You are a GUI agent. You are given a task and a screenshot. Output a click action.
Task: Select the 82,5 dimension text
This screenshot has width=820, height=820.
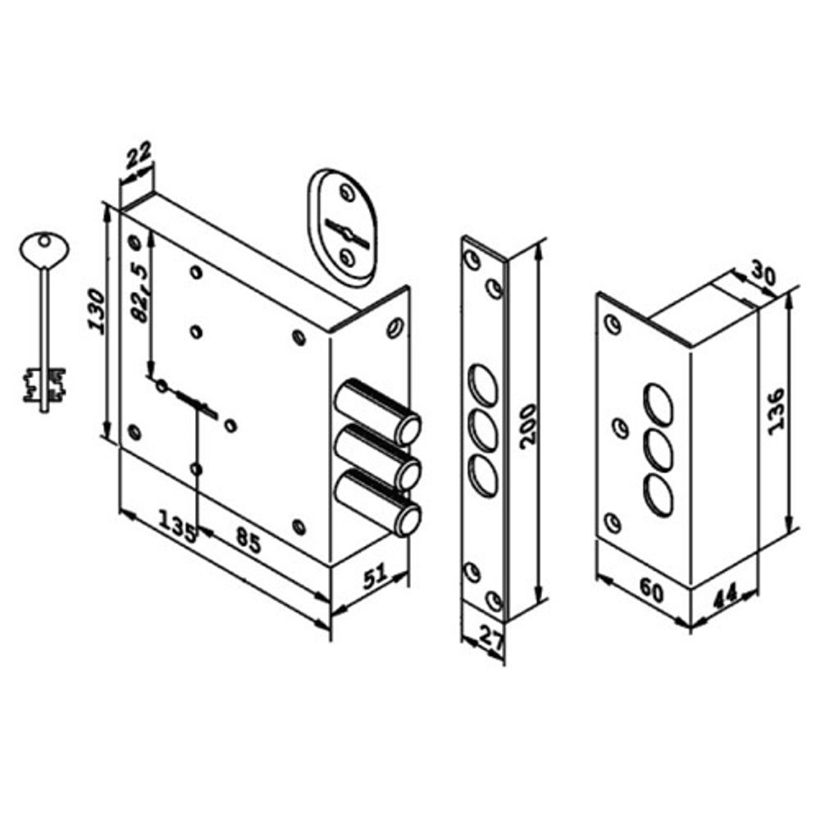click(x=139, y=293)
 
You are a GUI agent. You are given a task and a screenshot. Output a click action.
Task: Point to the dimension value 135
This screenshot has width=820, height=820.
click(x=177, y=526)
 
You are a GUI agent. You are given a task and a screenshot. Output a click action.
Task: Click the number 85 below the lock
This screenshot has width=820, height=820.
click(x=248, y=540)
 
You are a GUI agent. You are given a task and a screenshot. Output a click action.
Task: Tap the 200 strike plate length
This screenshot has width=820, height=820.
click(x=528, y=426)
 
